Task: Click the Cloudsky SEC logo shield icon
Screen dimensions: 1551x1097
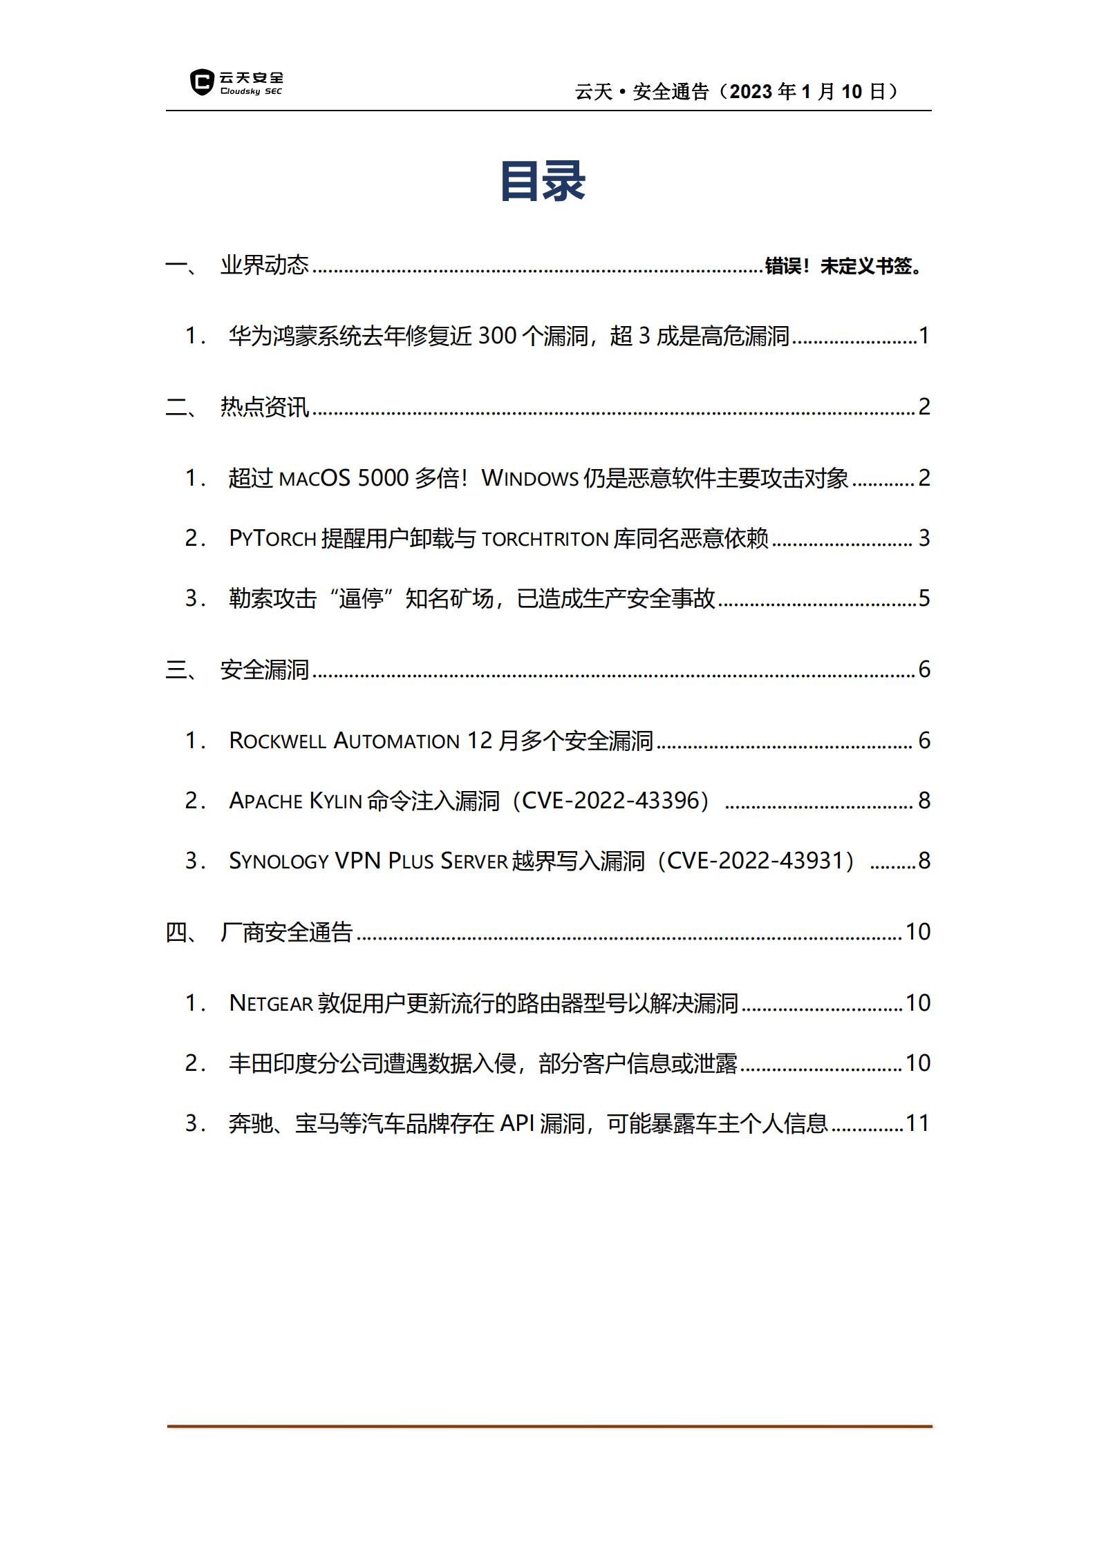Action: [201, 82]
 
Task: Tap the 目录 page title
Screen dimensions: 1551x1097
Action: [543, 182]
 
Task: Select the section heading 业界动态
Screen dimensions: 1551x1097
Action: [264, 265]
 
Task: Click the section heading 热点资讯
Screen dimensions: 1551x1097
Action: [264, 407]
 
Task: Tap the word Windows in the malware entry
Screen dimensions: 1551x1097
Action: [529, 478]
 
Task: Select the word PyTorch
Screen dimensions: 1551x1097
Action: [272, 538]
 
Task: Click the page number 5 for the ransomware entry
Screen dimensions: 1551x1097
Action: [924, 598]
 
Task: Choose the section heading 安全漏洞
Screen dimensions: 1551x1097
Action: [264, 669]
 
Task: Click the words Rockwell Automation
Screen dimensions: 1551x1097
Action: [344, 741]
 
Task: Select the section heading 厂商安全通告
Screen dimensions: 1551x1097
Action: [286, 932]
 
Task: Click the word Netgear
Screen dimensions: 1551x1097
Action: [271, 1003]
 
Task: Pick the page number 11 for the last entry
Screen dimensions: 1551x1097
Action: [917, 1123]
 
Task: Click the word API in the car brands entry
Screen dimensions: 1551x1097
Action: [516, 1123]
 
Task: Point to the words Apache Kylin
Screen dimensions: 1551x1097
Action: [295, 801]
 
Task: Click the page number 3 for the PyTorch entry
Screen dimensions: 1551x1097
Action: [924, 538]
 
